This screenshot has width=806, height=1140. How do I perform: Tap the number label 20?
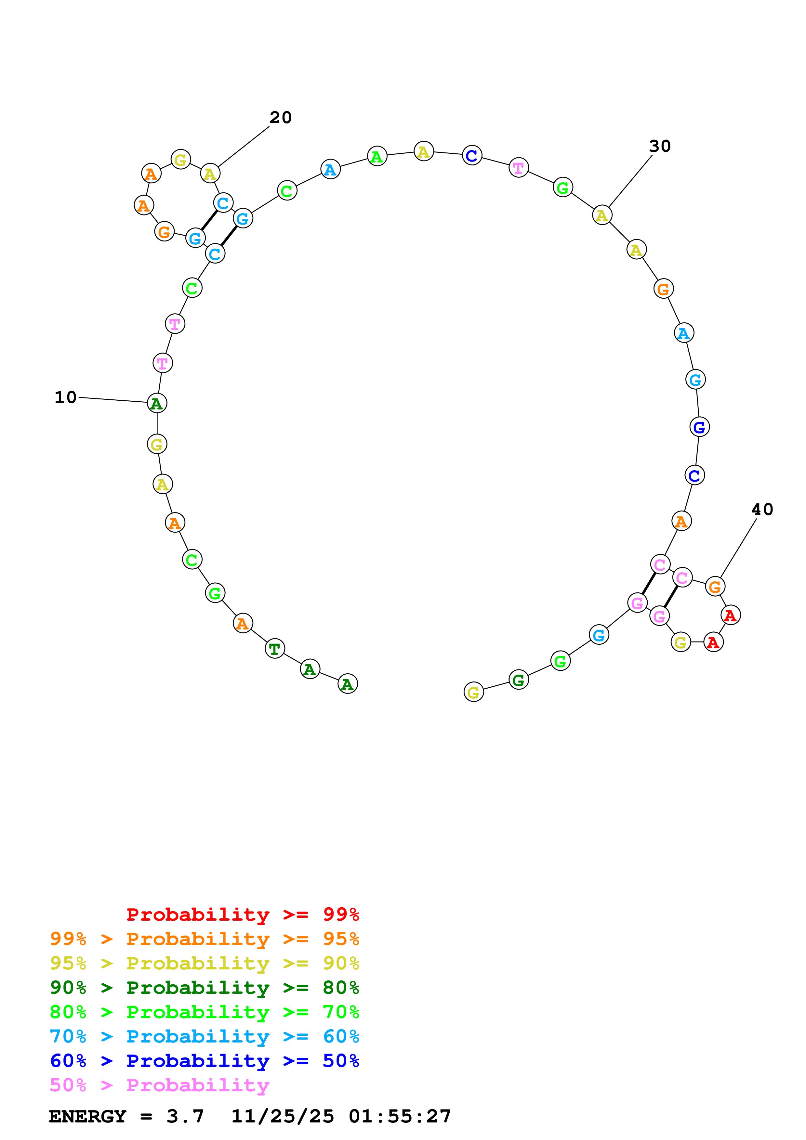tap(281, 118)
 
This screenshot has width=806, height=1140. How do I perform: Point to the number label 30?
tap(659, 147)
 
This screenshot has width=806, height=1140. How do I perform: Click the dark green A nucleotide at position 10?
tap(157, 403)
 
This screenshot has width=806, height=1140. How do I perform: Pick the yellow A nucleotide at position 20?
tap(210, 174)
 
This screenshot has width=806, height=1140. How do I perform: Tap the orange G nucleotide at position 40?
tap(715, 586)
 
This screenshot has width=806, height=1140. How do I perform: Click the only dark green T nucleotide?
tap(275, 648)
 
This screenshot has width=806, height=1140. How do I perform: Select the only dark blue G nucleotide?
tap(699, 427)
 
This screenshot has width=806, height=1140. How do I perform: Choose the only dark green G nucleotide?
tap(519, 680)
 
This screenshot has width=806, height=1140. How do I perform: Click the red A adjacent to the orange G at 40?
tap(730, 615)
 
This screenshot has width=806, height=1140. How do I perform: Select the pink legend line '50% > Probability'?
tap(159, 1085)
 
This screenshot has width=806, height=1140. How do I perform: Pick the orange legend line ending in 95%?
tap(204, 939)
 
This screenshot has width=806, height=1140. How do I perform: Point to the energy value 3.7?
tap(185, 1116)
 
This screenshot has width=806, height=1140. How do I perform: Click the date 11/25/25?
tap(282, 1116)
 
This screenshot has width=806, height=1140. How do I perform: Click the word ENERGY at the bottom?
tap(87, 1116)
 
